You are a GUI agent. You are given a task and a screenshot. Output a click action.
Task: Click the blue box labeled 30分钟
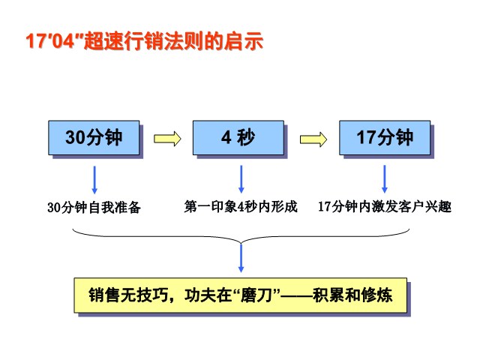[94, 138]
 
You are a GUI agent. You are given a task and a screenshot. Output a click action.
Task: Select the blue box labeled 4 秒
[238, 138]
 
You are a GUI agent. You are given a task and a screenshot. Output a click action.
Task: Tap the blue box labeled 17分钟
[385, 138]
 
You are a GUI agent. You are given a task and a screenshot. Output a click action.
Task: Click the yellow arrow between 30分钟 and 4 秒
[167, 139]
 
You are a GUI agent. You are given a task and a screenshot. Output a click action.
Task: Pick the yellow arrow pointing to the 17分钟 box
[313, 139]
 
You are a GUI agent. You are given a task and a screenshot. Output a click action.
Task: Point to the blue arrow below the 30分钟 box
[94, 180]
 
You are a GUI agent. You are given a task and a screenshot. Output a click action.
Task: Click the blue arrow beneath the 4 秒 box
[241, 179]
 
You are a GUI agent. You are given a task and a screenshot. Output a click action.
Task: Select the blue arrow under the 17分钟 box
[385, 179]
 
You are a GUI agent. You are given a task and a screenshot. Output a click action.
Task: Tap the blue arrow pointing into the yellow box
[241, 258]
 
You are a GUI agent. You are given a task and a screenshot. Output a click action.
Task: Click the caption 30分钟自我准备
[94, 208]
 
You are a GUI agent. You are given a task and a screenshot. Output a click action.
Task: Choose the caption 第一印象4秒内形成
[241, 207]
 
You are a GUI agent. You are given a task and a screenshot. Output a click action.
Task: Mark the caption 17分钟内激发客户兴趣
[385, 207]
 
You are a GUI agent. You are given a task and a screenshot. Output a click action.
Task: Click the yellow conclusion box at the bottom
[241, 295]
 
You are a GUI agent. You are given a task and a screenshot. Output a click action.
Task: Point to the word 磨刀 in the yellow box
[256, 295]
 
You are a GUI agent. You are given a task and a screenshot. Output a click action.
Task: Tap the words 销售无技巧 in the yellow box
[128, 295]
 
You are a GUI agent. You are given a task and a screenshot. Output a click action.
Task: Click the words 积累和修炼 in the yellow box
[352, 295]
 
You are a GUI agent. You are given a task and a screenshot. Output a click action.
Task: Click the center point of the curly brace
[241, 244]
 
